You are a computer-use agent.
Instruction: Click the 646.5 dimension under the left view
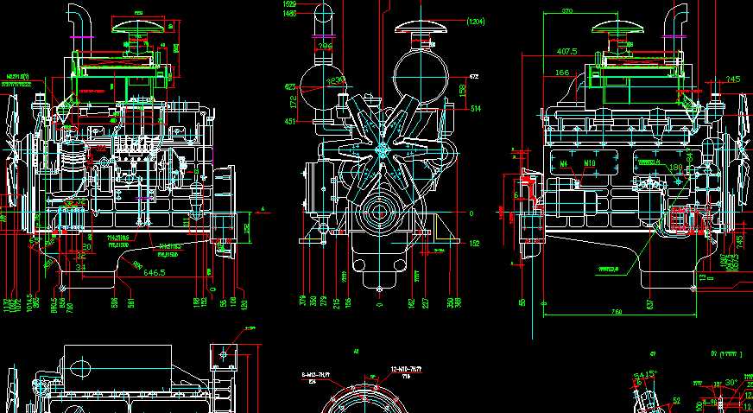[154, 272]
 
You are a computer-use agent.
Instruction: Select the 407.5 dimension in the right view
[567, 51]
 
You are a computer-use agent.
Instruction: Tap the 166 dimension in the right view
[562, 73]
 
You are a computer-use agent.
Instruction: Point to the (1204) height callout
[475, 21]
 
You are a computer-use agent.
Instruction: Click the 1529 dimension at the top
[289, 4]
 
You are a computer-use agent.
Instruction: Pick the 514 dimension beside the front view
[476, 108]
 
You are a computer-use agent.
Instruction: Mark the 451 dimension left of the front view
[289, 122]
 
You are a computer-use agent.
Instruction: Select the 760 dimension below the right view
[617, 310]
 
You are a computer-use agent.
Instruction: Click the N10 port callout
[590, 162]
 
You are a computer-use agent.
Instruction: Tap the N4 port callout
[564, 162]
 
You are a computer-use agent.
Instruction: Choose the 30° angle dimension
[731, 382]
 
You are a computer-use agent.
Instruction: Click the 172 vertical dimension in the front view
[293, 101]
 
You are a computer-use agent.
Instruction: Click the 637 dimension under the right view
[649, 303]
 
